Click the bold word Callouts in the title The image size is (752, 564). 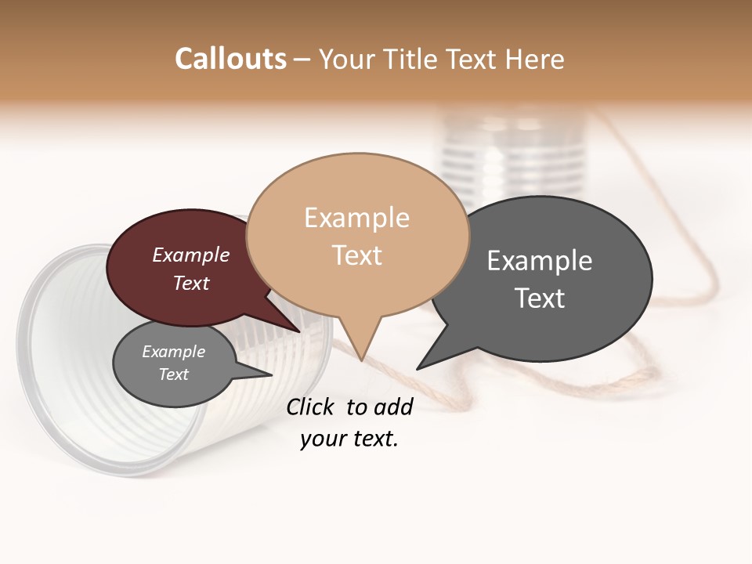click(x=230, y=59)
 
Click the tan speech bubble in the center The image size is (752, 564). click(x=357, y=235)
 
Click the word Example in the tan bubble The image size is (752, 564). click(x=356, y=218)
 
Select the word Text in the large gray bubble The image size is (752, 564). click(x=540, y=298)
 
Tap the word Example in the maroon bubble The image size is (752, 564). click(x=191, y=255)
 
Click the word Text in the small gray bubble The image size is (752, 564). click(x=174, y=374)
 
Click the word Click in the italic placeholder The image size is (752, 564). click(x=312, y=407)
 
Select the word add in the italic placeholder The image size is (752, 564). click(x=393, y=407)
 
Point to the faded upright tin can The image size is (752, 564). click(x=513, y=157)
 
